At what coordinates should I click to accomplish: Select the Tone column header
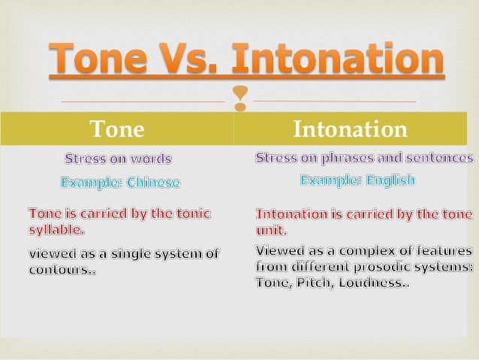click(x=117, y=129)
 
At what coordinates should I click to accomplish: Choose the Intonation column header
click(x=350, y=129)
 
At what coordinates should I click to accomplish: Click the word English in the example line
click(x=388, y=180)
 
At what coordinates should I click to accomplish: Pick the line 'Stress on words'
click(x=118, y=159)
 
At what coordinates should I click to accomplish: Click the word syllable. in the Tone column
click(x=56, y=228)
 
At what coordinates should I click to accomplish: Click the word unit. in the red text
click(x=271, y=229)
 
